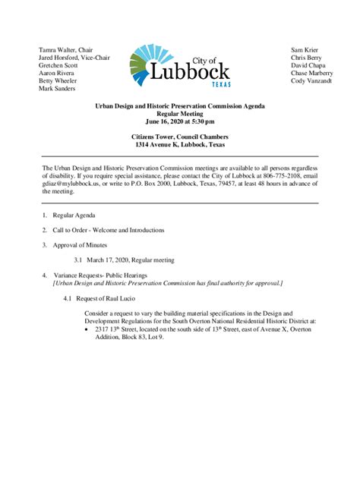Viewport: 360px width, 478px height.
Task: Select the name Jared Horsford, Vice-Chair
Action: click(x=74, y=58)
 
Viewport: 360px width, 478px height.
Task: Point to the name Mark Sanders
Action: click(x=58, y=88)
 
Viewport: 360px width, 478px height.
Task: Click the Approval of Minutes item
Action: click(x=80, y=245)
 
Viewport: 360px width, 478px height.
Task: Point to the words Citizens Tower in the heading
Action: click(x=156, y=136)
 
